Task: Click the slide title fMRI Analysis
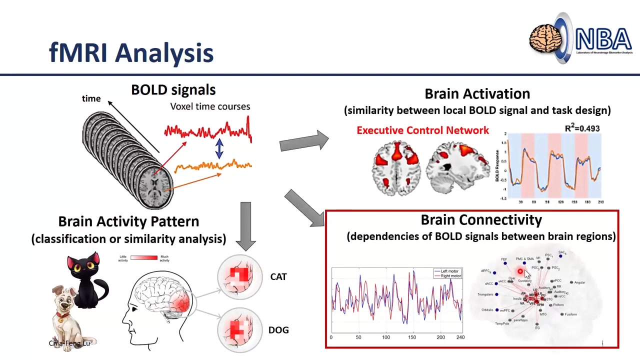(x=131, y=52)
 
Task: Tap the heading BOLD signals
(x=173, y=90)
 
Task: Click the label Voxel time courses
(x=210, y=106)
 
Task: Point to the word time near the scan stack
(x=91, y=98)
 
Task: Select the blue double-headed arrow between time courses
(x=219, y=148)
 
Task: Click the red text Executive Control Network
(x=422, y=130)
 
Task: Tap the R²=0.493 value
(x=582, y=128)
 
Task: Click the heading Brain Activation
(x=477, y=94)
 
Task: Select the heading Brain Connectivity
(x=481, y=220)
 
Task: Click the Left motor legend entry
(x=448, y=271)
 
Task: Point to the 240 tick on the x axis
(x=460, y=337)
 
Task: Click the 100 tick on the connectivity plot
(x=386, y=337)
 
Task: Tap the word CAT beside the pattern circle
(x=278, y=276)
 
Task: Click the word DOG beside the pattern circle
(x=278, y=330)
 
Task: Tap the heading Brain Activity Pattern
(x=128, y=221)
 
